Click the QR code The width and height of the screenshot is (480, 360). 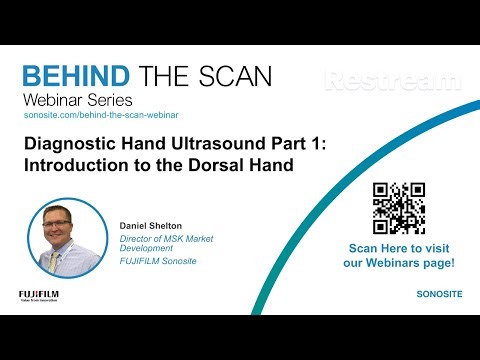399,208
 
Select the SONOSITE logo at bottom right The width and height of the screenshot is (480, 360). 438,296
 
